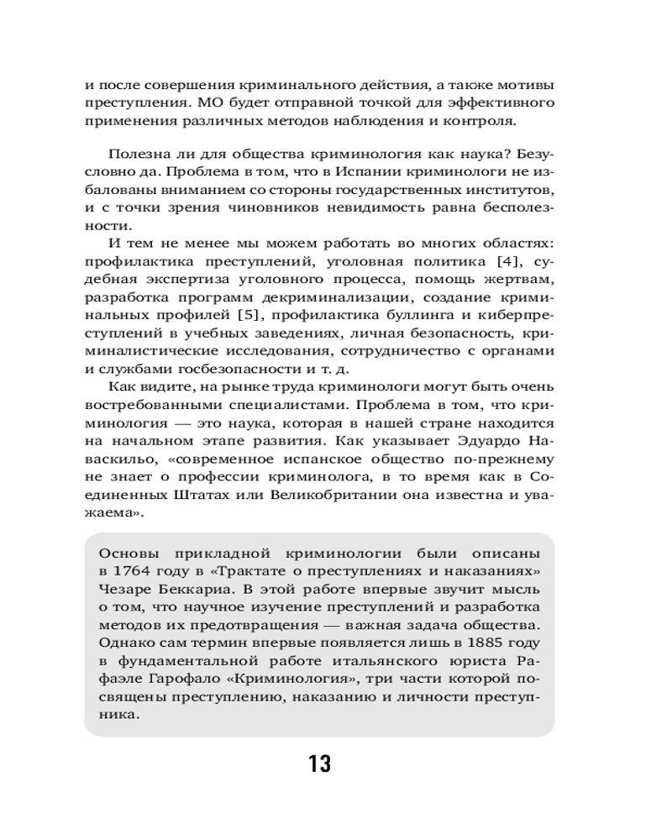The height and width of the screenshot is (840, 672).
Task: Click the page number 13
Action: click(319, 764)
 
